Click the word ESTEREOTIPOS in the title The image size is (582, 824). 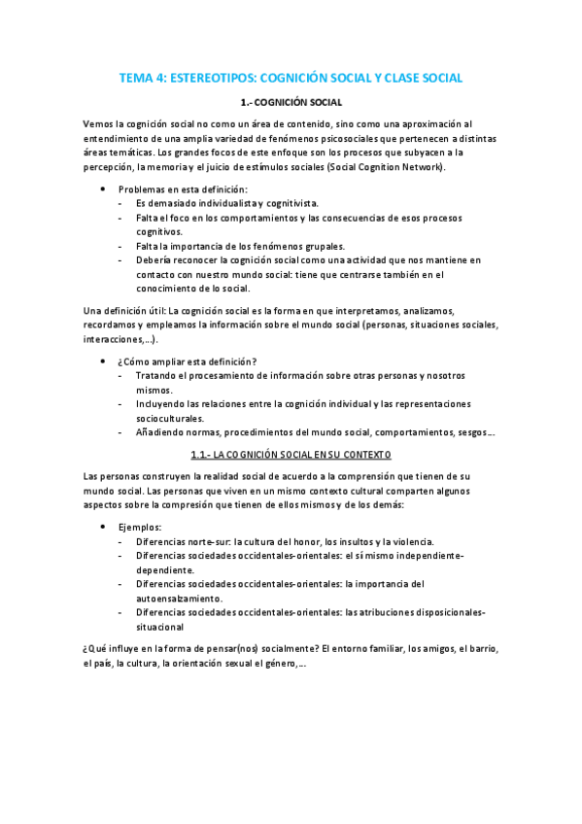coord(215,77)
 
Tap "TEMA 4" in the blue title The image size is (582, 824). coord(141,77)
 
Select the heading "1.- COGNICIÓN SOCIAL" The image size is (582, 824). coord(291,102)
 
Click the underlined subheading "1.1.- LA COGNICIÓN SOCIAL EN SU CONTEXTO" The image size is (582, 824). coord(291,454)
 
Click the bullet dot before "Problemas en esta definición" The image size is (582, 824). coord(103,189)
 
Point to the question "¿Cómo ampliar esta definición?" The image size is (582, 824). coord(188,361)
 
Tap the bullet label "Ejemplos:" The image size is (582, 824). coord(140,527)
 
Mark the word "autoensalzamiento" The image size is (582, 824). coord(179,599)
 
